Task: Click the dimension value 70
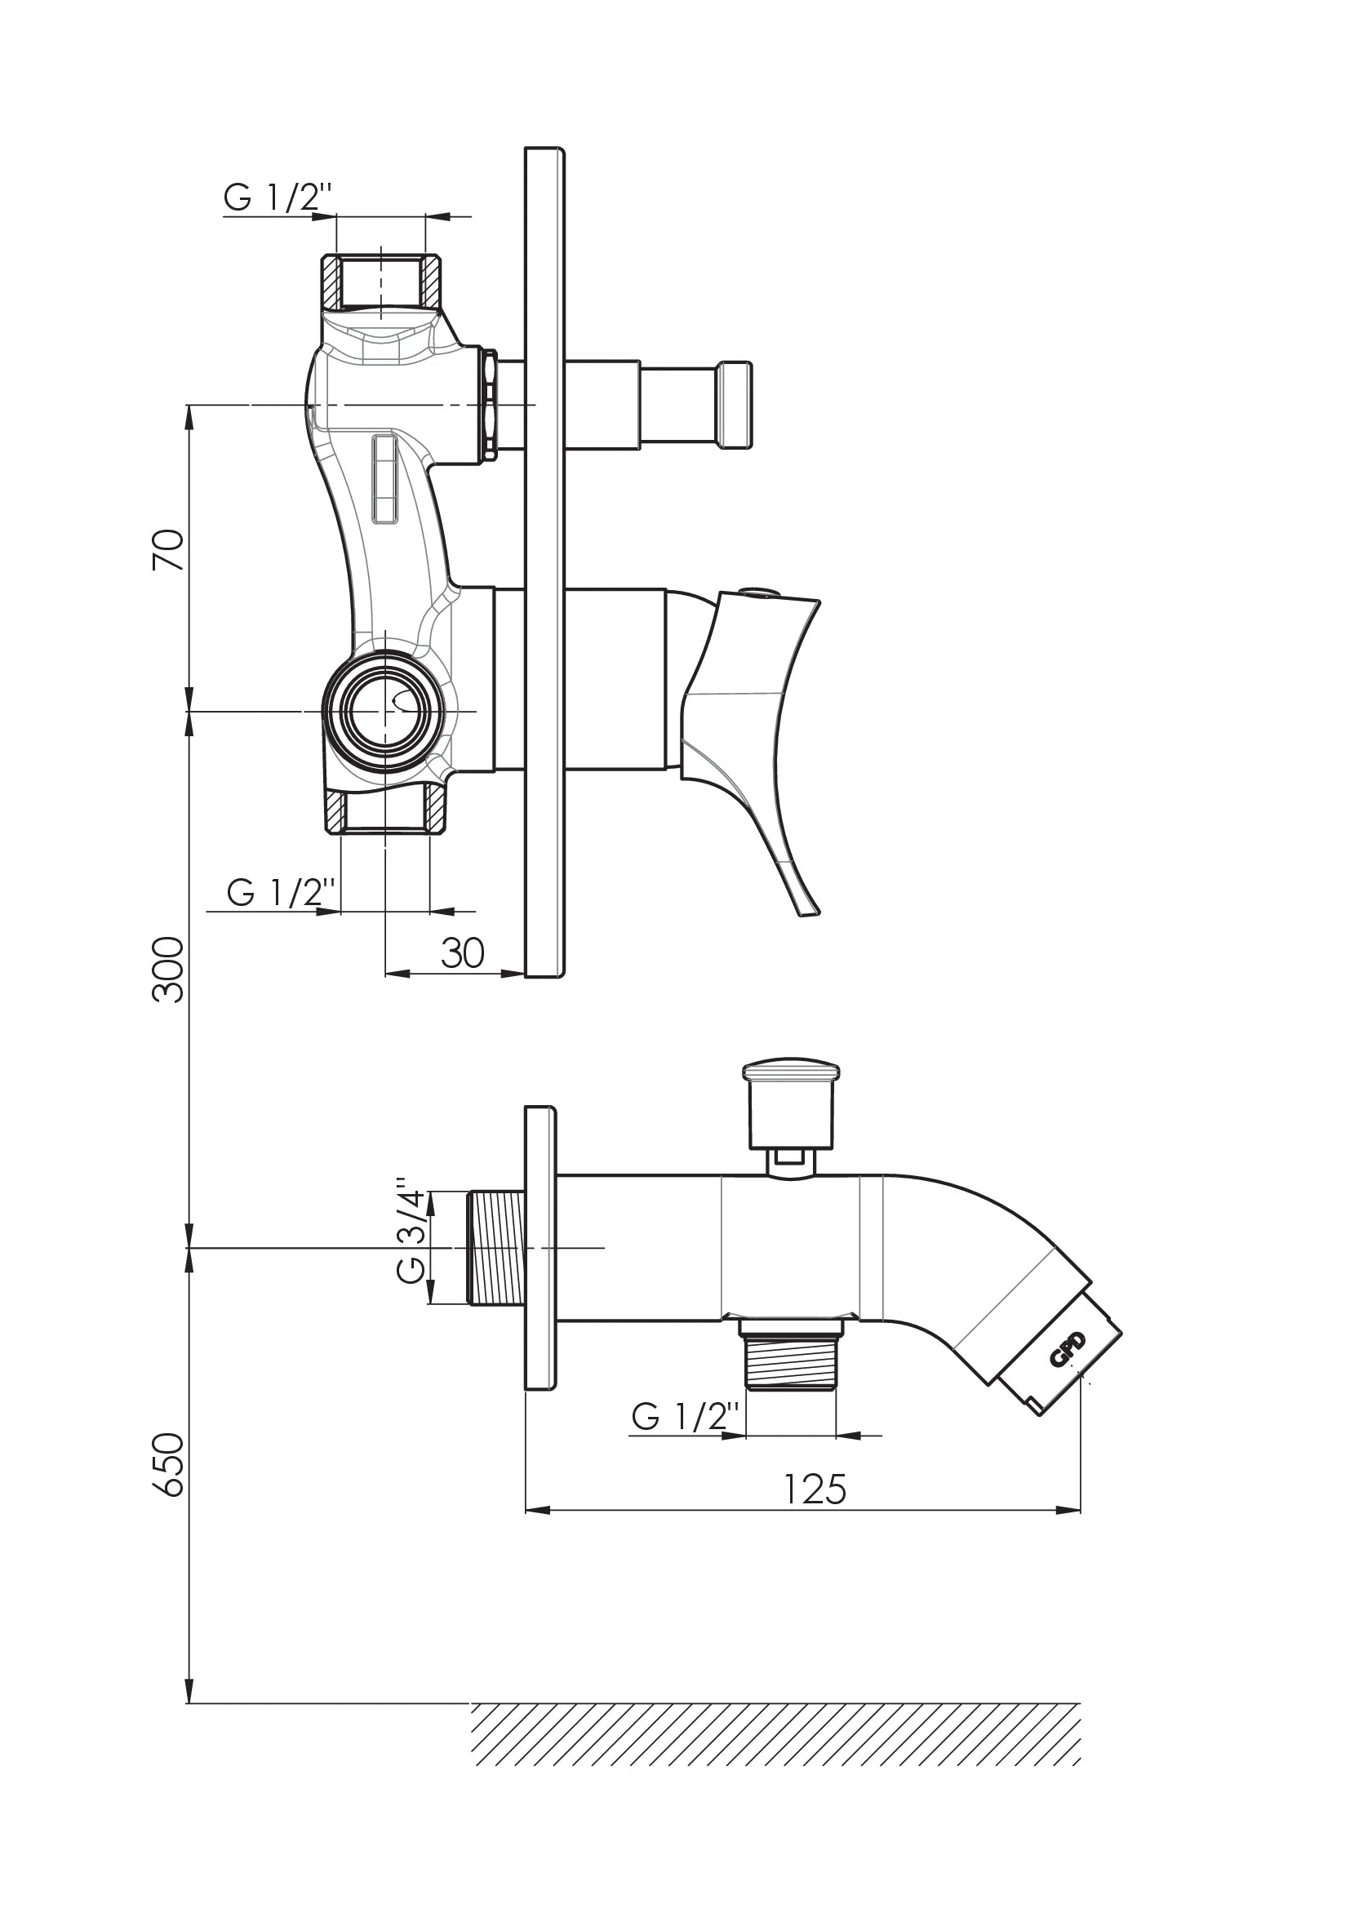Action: click(x=169, y=548)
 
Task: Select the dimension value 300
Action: click(x=169, y=970)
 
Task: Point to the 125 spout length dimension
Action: click(x=815, y=1489)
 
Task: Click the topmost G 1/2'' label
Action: click(x=278, y=198)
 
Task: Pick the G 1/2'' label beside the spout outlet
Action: click(x=685, y=1416)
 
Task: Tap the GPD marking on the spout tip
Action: click(x=1068, y=1348)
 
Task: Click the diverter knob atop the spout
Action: click(x=791, y=1105)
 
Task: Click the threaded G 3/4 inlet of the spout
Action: click(x=496, y=1247)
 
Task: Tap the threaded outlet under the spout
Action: click(x=791, y=1353)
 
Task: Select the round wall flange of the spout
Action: click(x=540, y=1247)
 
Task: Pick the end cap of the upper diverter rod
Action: click(x=735, y=405)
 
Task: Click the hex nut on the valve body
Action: click(x=491, y=405)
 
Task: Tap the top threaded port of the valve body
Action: click(x=381, y=281)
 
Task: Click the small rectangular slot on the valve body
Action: click(x=385, y=480)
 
